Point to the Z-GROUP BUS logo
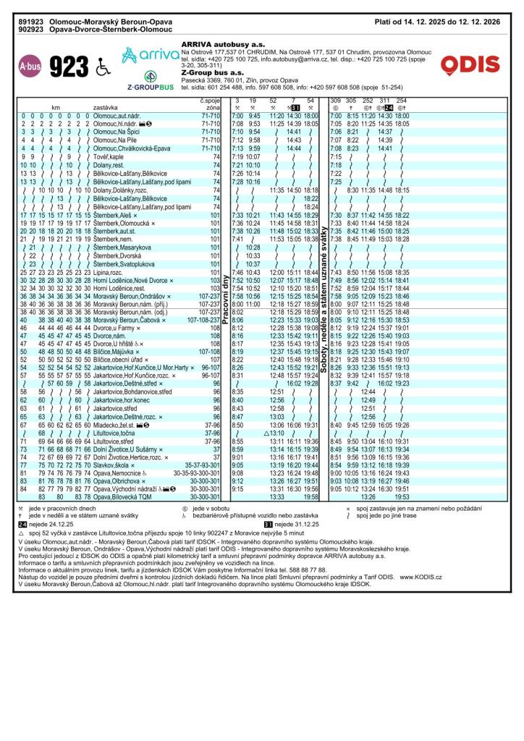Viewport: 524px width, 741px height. (151, 81)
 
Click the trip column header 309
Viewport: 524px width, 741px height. (336, 100)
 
